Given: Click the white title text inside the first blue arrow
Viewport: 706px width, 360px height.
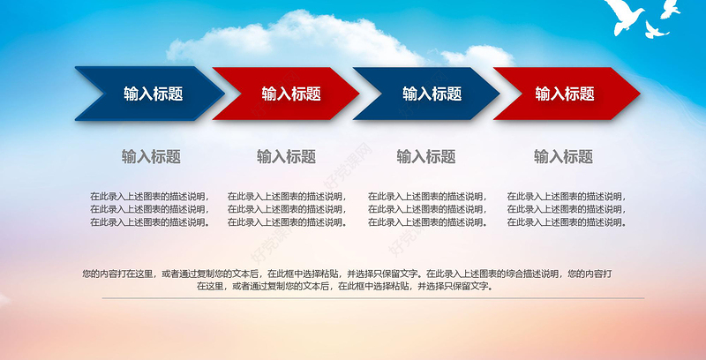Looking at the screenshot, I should click(x=153, y=94).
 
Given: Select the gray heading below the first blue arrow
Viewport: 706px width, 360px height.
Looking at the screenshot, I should click(x=151, y=157).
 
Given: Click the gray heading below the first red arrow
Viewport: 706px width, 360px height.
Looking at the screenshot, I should click(x=286, y=157).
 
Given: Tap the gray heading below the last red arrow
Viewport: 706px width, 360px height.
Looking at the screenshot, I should click(x=563, y=157).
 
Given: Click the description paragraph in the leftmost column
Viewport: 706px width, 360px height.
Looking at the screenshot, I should click(x=149, y=209).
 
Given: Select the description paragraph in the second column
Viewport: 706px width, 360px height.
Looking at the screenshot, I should click(x=287, y=209).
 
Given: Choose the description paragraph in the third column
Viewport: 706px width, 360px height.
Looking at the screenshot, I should click(x=426, y=209).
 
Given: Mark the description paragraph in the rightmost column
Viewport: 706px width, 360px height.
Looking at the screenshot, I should click(x=566, y=209).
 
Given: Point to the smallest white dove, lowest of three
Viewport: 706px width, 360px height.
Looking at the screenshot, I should click(x=655, y=31).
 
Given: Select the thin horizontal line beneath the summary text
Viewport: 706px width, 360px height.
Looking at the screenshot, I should click(x=353, y=298).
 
